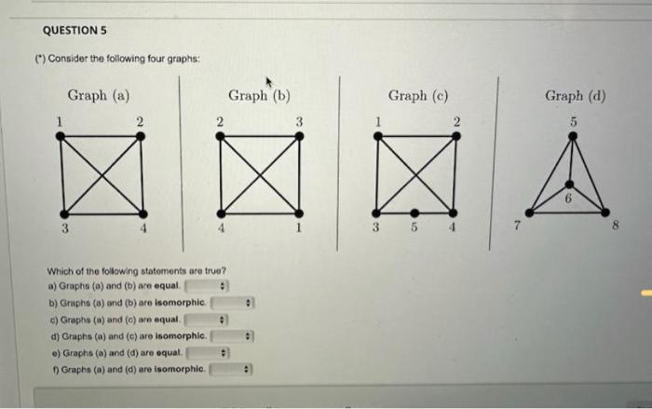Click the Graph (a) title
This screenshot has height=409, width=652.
point(98,95)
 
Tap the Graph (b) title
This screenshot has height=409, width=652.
point(260,95)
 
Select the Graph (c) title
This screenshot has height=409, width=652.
point(418,95)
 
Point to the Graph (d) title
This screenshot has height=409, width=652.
point(576,95)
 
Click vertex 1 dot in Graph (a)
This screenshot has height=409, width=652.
point(61,136)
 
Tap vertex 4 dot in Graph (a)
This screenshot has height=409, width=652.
point(141,211)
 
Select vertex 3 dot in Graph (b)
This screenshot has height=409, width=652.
point(299,136)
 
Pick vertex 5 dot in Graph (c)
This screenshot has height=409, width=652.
point(414,212)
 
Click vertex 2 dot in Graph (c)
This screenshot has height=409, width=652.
point(455,136)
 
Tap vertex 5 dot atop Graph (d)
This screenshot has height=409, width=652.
point(574,136)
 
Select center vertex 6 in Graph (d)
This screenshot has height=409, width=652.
point(573,185)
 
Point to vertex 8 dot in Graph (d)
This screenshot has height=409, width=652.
point(606,211)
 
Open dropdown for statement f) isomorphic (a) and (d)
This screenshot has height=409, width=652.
point(233,371)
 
